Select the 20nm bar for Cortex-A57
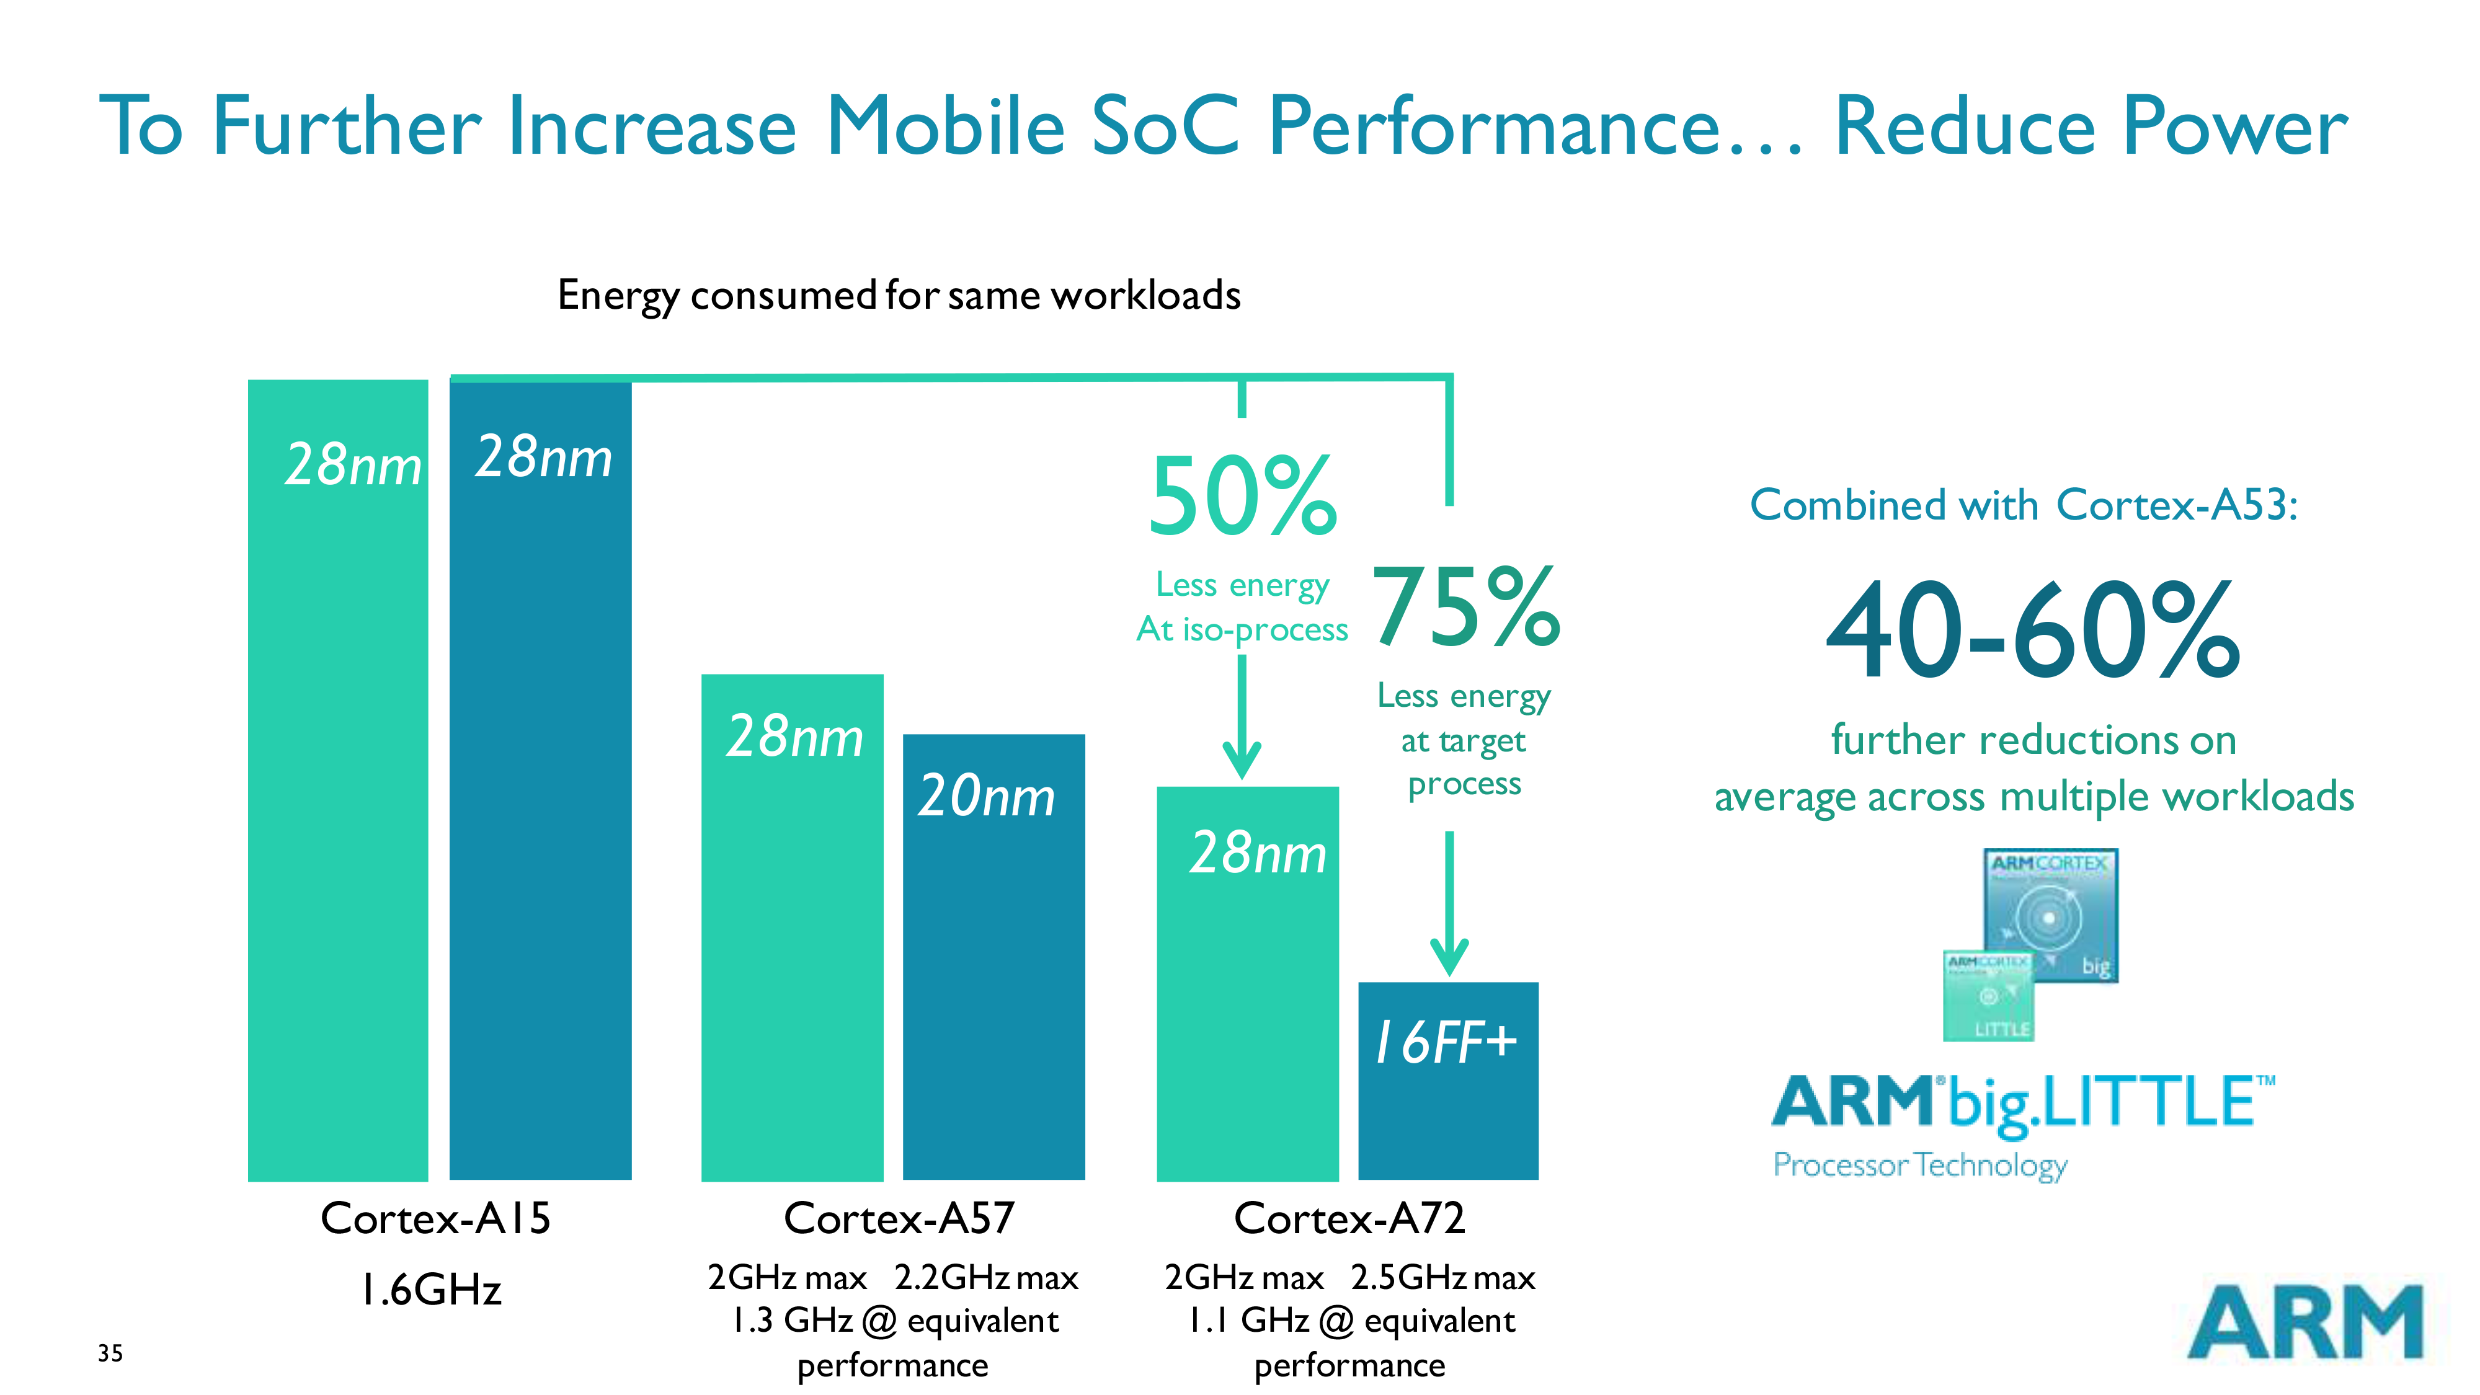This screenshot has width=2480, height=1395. [993, 958]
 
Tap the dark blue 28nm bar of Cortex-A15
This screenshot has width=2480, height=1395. [540, 780]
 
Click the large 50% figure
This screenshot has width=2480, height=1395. [1242, 497]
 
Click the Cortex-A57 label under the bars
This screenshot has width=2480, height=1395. [898, 1218]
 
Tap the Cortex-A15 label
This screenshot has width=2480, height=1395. [435, 1218]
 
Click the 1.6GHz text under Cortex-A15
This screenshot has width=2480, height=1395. [430, 1289]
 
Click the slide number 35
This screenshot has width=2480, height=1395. [110, 1353]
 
